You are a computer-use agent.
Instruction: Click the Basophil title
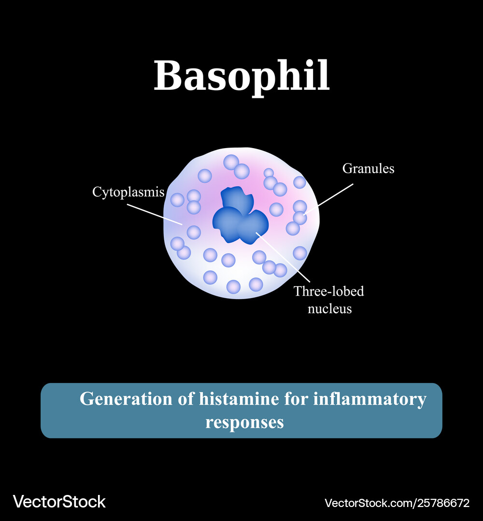click(x=241, y=77)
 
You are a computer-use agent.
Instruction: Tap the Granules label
click(x=368, y=169)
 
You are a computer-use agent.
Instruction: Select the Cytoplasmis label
click(x=128, y=192)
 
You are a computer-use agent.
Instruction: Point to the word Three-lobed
click(x=328, y=291)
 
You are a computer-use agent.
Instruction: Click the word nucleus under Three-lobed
click(x=330, y=309)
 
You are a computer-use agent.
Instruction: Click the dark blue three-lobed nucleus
click(x=240, y=215)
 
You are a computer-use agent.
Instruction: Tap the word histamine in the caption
click(x=239, y=399)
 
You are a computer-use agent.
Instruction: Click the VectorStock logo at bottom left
click(x=59, y=502)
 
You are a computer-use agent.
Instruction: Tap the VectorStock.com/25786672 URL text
click(x=397, y=503)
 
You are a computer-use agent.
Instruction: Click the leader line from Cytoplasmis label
click(x=155, y=215)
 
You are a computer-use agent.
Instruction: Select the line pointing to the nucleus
click(x=283, y=258)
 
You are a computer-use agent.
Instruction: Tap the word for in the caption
click(x=296, y=399)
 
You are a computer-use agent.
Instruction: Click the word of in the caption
click(x=185, y=399)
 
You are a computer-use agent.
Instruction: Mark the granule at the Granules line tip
click(x=300, y=218)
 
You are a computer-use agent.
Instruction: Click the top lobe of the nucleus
click(x=237, y=198)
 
